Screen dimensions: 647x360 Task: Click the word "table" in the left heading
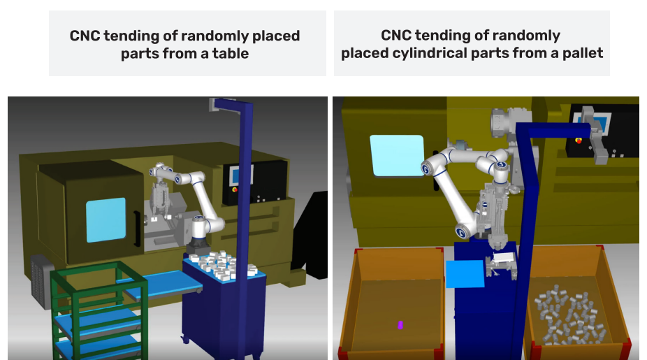(231, 54)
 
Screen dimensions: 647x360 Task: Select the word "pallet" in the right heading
(583, 53)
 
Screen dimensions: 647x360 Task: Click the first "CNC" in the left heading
(85, 36)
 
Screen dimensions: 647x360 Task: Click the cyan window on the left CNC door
(106, 219)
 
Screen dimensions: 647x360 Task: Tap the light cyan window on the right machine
(397, 155)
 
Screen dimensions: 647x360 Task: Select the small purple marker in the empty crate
(400, 325)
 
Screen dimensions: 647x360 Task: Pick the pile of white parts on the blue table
(223, 265)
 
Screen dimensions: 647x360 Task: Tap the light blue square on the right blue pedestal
(465, 273)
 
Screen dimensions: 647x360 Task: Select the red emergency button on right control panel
(579, 141)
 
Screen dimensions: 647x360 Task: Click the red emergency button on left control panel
(235, 189)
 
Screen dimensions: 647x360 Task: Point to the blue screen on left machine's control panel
(235, 175)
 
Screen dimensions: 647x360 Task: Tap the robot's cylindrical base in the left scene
(200, 233)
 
